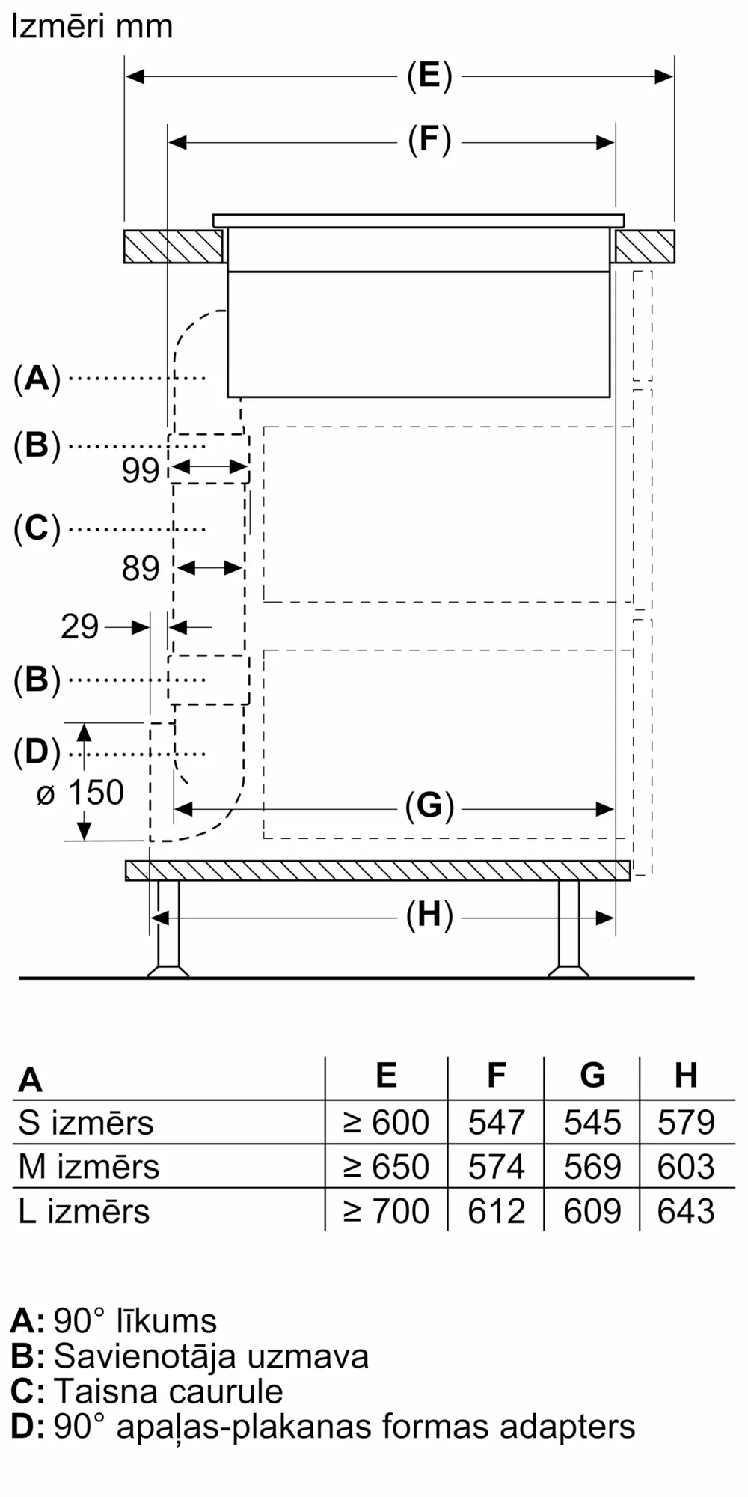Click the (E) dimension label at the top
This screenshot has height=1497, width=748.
pos(429,76)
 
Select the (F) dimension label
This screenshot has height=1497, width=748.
pos(429,141)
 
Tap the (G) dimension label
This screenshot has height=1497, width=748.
pos(429,806)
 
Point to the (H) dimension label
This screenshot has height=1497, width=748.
pos(429,915)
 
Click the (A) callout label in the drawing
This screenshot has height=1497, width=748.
pos(37,378)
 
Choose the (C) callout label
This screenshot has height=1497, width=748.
pos(37,528)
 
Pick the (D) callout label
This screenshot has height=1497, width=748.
pos(37,752)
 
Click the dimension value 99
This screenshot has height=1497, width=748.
pos(141,470)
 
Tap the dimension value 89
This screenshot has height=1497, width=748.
pos(141,569)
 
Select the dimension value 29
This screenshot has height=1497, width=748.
pos(79,626)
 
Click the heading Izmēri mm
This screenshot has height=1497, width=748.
pos(92,27)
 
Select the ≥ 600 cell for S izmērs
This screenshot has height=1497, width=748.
pos(386,1122)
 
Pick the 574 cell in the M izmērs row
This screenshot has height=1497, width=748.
pos(496,1166)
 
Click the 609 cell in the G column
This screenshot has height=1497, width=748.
pos(592,1210)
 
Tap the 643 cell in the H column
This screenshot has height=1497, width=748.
pos(686,1210)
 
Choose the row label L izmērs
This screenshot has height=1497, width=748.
pos(84,1210)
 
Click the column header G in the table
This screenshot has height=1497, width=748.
pos(592,1076)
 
